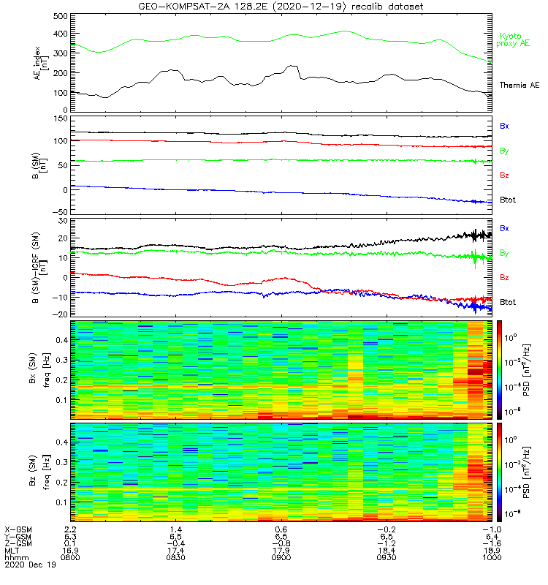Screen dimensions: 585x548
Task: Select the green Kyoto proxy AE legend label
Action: click(514, 40)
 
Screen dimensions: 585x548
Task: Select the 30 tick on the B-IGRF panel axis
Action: click(62, 221)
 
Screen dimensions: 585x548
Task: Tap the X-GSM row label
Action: click(18, 528)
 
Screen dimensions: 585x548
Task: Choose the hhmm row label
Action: click(16, 557)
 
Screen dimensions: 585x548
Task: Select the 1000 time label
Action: click(492, 557)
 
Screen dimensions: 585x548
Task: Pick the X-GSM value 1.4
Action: click(176, 528)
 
